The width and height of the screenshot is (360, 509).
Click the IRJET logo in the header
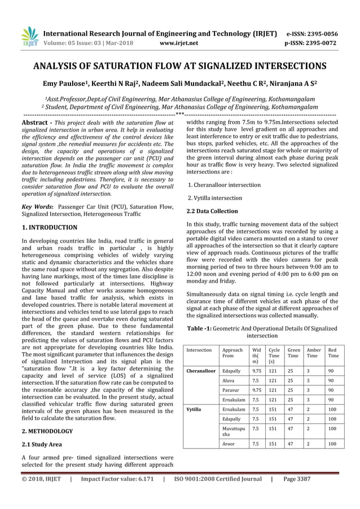[29, 37]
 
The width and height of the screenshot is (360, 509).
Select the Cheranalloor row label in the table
[201, 371]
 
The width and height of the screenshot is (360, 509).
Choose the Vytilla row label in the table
[194, 408]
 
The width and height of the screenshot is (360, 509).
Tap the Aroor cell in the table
[229, 444]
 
